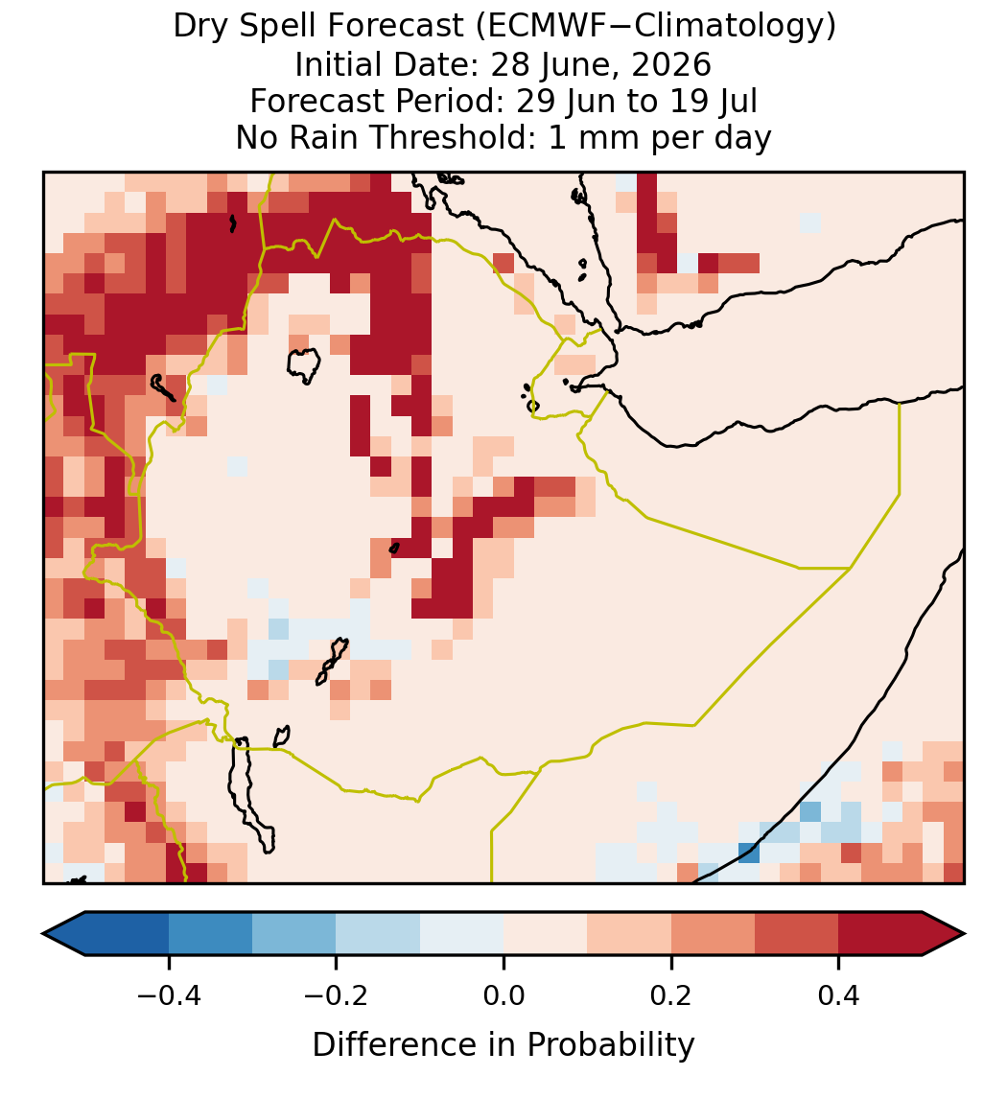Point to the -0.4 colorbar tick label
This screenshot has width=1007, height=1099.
coord(169,994)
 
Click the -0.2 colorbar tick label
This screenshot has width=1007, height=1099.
coord(337,994)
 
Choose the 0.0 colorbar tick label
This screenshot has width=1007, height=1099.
coord(503,994)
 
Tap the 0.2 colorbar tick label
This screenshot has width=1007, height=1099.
coord(671,994)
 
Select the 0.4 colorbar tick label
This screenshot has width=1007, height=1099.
coord(839,994)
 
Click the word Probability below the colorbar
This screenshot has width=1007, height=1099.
coord(610,1045)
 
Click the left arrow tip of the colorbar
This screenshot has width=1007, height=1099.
coord(43,934)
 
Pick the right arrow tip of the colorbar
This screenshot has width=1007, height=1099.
coord(965,934)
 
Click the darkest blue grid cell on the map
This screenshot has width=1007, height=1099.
coord(748,853)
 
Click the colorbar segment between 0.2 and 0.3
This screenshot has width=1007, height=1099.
coord(713,934)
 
